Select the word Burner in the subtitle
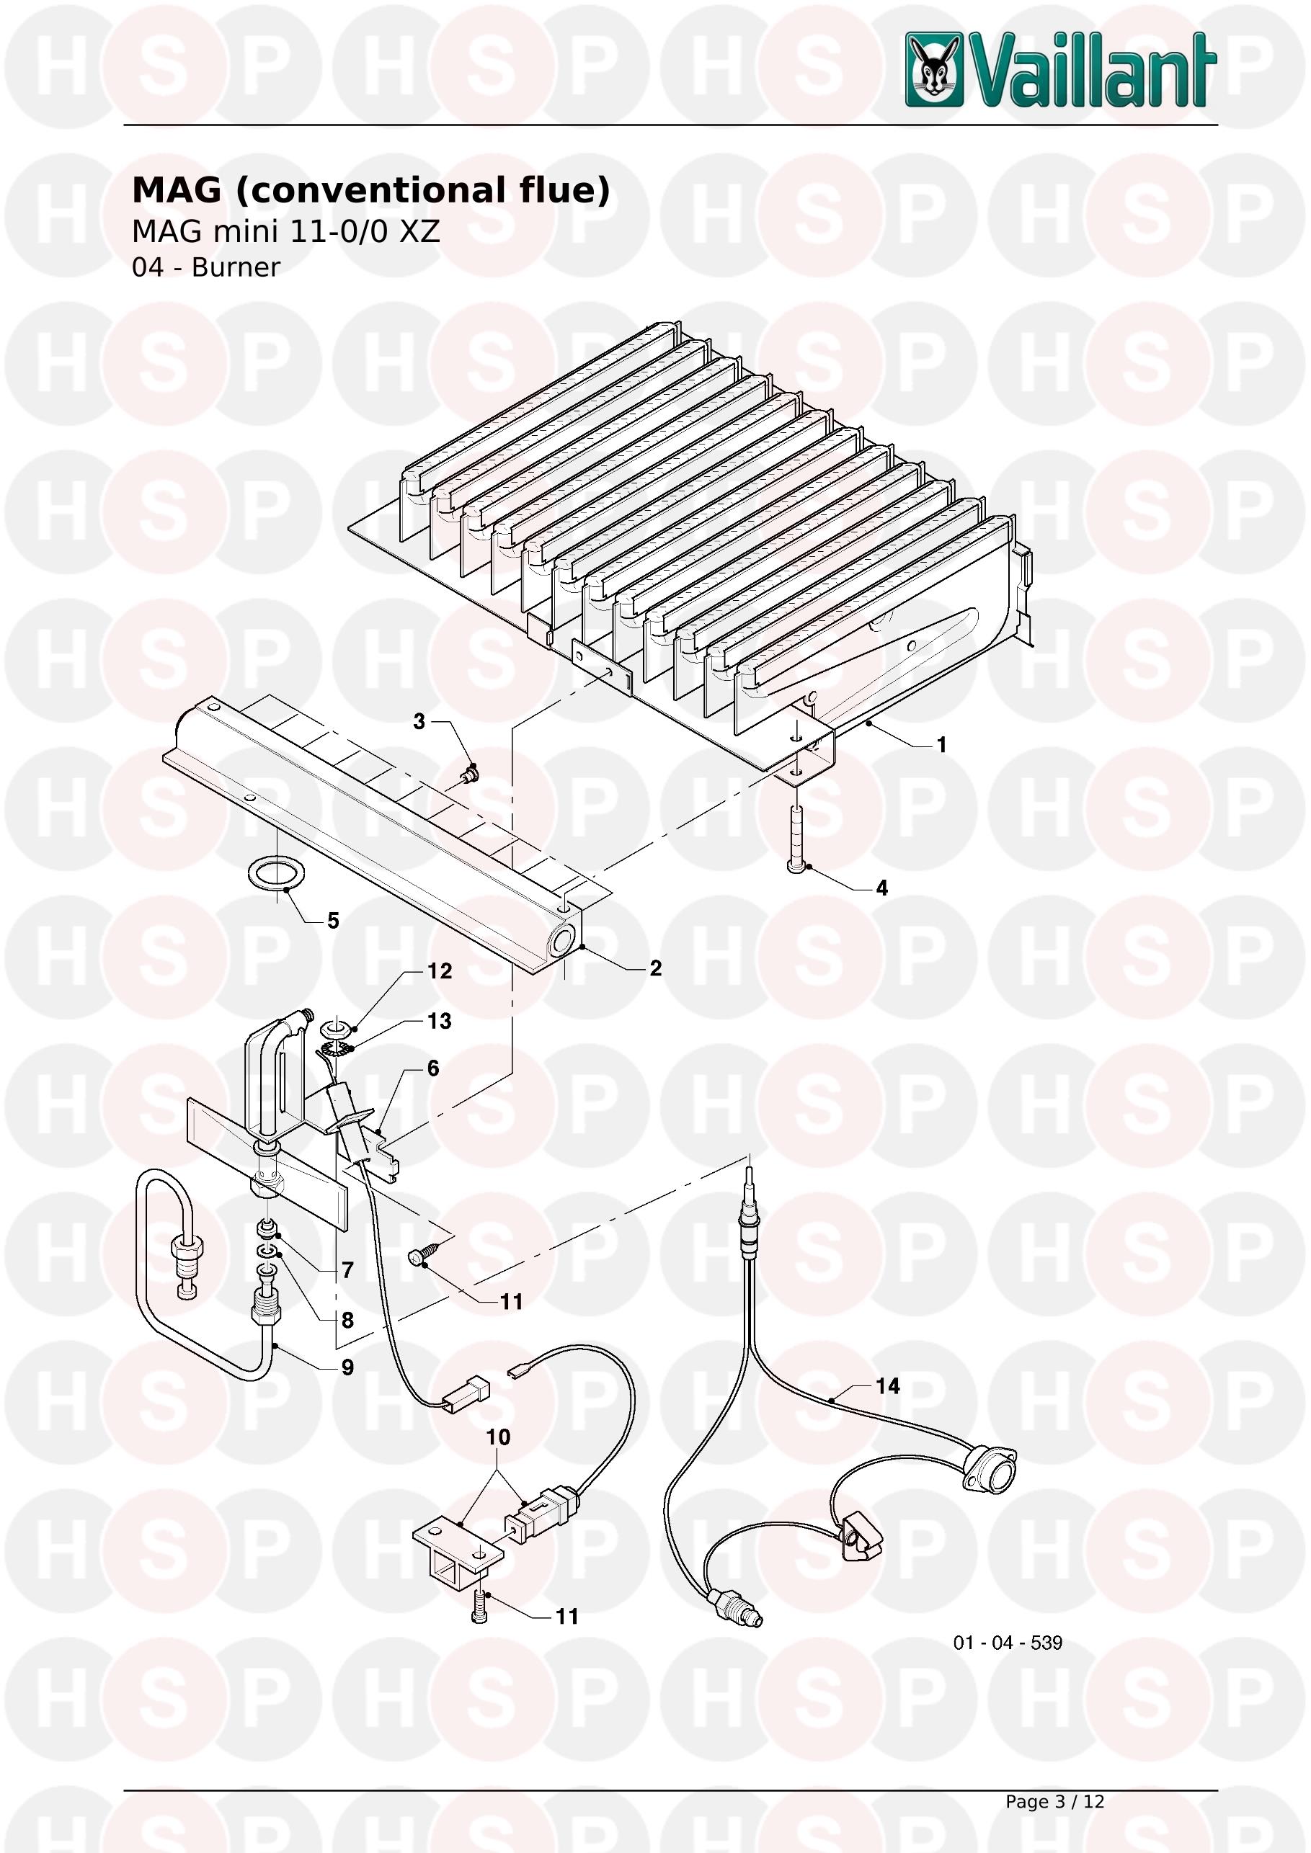pyautogui.click(x=236, y=267)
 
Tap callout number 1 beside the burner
pyautogui.click(x=941, y=745)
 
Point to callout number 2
pyautogui.click(x=656, y=968)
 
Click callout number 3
pyautogui.click(x=419, y=721)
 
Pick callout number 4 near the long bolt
pyautogui.click(x=882, y=888)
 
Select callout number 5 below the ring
pyautogui.click(x=332, y=921)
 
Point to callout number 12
pyautogui.click(x=440, y=971)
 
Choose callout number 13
pyautogui.click(x=439, y=1021)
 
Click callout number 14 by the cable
pyautogui.click(x=888, y=1385)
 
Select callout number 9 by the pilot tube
pyautogui.click(x=348, y=1367)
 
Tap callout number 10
pyautogui.click(x=498, y=1437)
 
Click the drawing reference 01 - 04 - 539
pyautogui.click(x=1008, y=1643)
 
